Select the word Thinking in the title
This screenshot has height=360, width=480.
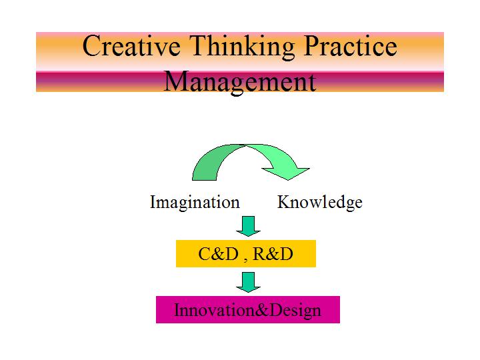click(x=242, y=47)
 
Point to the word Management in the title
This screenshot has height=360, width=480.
click(x=240, y=83)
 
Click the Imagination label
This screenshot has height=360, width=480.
click(x=195, y=203)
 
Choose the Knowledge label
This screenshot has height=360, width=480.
click(x=320, y=203)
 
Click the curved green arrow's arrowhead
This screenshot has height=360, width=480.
click(x=286, y=173)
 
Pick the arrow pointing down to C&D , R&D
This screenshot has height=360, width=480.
click(x=248, y=226)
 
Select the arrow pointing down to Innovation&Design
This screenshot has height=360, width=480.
click(x=248, y=282)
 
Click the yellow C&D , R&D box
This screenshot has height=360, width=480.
click(x=246, y=254)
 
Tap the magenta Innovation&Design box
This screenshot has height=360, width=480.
click(x=248, y=309)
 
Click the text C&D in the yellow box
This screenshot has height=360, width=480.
click(x=218, y=254)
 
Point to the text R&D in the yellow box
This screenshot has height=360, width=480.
click(x=273, y=254)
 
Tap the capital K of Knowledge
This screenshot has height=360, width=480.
click(x=285, y=202)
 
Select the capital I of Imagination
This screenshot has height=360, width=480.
click(x=153, y=202)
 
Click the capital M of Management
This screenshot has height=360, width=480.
click(x=176, y=81)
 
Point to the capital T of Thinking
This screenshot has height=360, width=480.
click(x=199, y=46)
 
